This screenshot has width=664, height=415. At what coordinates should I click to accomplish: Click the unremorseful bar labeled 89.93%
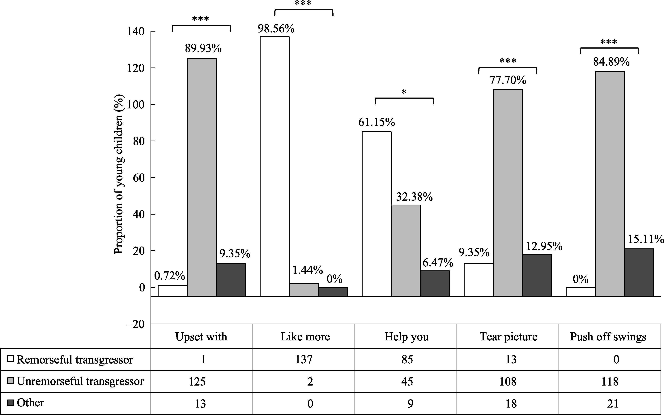tap(202, 177)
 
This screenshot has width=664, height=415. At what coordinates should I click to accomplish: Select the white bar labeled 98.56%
tap(275, 166)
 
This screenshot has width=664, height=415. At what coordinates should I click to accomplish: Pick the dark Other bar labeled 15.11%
tap(639, 272)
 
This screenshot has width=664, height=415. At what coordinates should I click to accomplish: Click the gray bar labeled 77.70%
tap(508, 193)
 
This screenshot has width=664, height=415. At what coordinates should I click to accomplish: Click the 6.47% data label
tap(438, 263)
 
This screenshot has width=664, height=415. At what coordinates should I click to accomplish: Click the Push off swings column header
tap(608, 337)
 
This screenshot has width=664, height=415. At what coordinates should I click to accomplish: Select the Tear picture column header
tap(508, 337)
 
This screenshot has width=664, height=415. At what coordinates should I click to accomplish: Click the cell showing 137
tap(304, 359)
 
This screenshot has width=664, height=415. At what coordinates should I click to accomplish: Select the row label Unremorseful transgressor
tap(80, 381)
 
